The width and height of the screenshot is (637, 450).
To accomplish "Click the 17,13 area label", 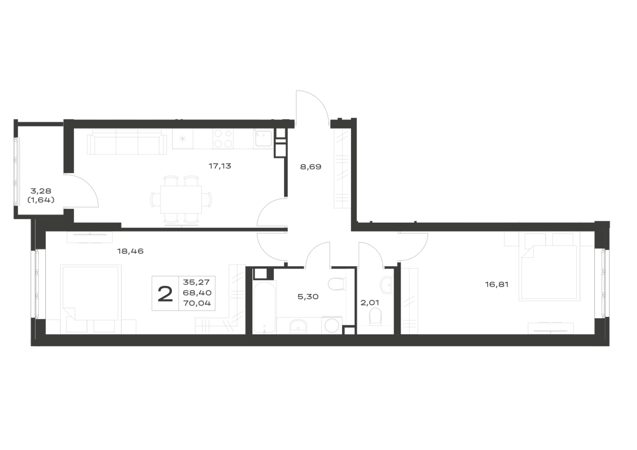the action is pyautogui.click(x=220, y=166).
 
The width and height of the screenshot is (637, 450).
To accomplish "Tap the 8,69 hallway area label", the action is pyautogui.click(x=311, y=166).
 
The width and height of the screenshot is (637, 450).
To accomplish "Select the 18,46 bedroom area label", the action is pyautogui.click(x=131, y=251).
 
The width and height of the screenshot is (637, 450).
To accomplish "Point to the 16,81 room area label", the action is pyautogui.click(x=496, y=285).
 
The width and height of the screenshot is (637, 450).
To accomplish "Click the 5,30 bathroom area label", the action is pyautogui.click(x=308, y=297).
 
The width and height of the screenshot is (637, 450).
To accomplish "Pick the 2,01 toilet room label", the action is pyautogui.click(x=369, y=302).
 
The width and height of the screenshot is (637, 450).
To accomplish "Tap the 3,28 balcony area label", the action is pyautogui.click(x=40, y=190).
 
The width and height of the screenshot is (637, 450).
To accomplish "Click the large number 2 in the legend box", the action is pyautogui.click(x=165, y=294).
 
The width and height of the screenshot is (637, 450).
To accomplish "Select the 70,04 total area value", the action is pyautogui.click(x=197, y=303).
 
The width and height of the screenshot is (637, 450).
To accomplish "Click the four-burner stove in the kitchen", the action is pyautogui.click(x=223, y=138).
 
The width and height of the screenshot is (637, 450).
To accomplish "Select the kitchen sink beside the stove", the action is pyautogui.click(x=263, y=138).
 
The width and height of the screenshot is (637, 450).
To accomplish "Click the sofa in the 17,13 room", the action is pyautogui.click(x=127, y=142).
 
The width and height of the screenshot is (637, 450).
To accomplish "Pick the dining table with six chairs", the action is pyautogui.click(x=181, y=200).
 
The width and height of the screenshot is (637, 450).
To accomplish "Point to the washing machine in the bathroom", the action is pyautogui.click(x=332, y=325).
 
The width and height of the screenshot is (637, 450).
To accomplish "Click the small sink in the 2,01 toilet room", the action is pyautogui.click(x=387, y=285).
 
